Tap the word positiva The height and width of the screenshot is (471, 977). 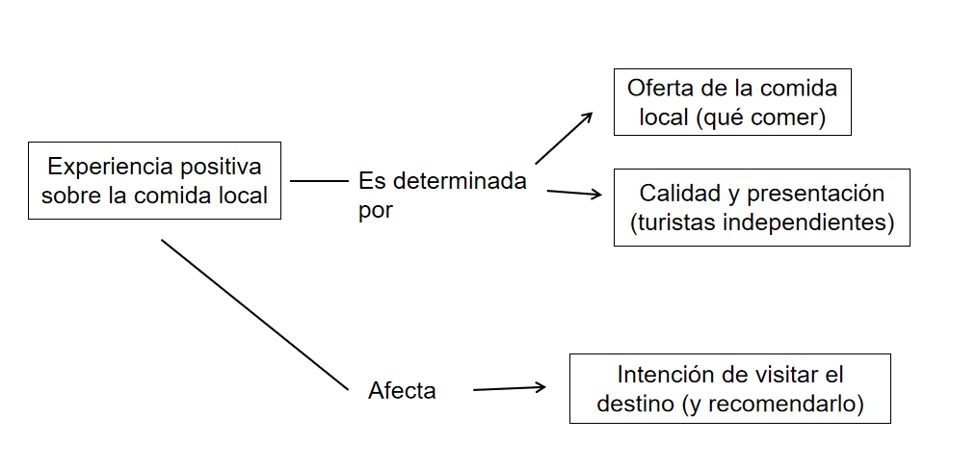pyautogui.click(x=218, y=166)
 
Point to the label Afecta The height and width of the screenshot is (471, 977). pyautogui.click(x=402, y=391)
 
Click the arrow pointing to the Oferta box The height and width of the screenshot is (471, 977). pyautogui.click(x=564, y=138)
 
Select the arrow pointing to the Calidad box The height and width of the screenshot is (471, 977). pyautogui.click(x=574, y=193)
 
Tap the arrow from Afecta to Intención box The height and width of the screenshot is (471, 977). pyautogui.click(x=510, y=388)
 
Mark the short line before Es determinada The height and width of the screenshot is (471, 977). pyautogui.click(x=318, y=180)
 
